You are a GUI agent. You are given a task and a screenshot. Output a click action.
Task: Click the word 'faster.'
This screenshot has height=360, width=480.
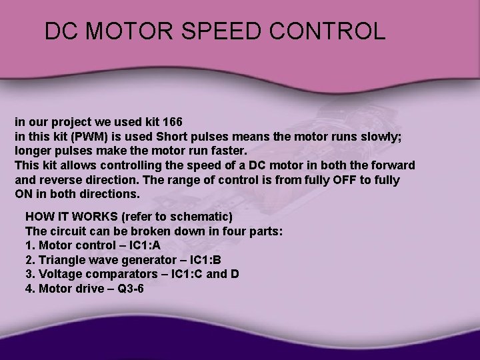(x=221, y=151)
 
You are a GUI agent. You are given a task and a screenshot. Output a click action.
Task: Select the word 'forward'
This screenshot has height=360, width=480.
(x=389, y=165)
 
